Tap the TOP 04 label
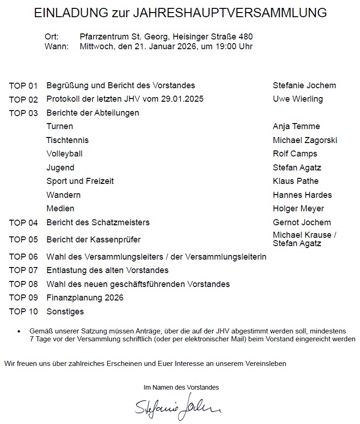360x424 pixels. [x=23, y=223]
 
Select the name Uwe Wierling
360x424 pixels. [x=298, y=99]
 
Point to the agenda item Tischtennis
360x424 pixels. [x=67, y=140]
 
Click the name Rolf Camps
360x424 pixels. [x=295, y=154]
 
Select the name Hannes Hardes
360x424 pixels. [x=302, y=195]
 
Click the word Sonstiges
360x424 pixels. [x=65, y=312]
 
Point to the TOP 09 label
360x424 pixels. [x=23, y=298]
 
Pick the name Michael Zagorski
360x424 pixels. [x=305, y=140]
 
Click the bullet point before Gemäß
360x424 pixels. [x=19, y=332]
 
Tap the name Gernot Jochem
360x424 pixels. [x=302, y=222]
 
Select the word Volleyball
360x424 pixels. [x=65, y=154]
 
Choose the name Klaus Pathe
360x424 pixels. [x=296, y=181]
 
